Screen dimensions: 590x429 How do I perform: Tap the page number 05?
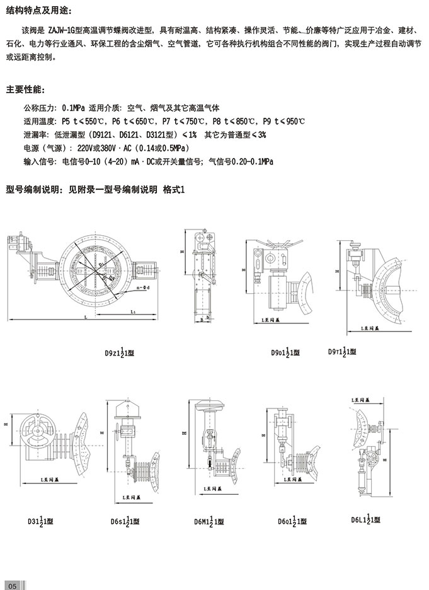[x=13, y=583]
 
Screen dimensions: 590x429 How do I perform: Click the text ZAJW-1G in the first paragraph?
[x=63, y=30]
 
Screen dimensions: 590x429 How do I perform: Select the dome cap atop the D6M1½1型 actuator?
[x=208, y=405]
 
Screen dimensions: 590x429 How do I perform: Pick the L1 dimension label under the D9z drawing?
[x=133, y=312]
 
